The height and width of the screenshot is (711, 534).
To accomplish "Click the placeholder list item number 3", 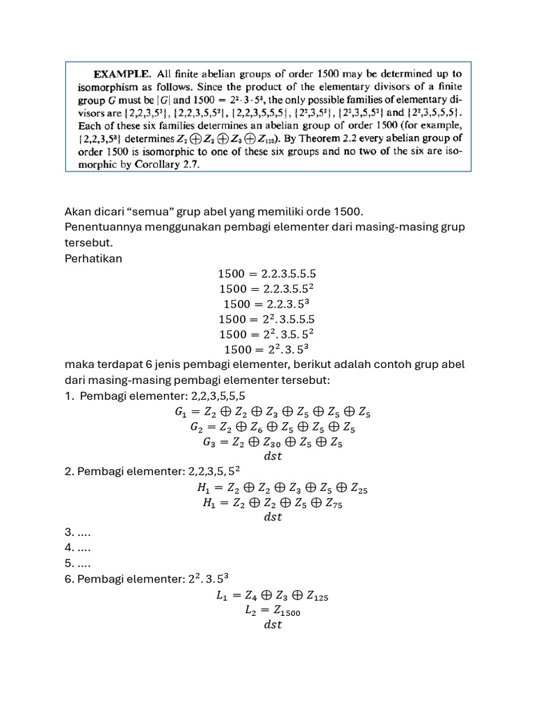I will point(77,533).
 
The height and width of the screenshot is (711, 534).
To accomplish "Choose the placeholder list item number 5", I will point(77,563).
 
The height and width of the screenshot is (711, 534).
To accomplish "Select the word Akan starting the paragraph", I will point(78,211).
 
